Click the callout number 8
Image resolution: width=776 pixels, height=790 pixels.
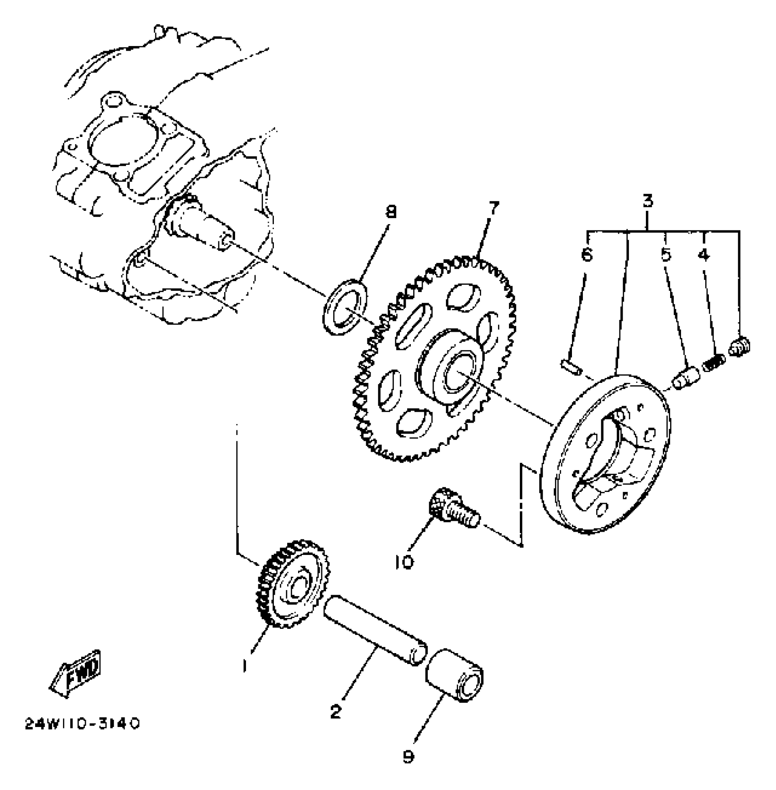click(391, 212)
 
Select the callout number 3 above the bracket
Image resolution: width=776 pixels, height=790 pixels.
click(648, 201)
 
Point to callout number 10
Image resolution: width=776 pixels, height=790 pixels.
click(405, 562)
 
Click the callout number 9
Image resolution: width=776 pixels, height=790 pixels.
click(409, 757)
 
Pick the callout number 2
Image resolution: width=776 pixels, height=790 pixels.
click(336, 711)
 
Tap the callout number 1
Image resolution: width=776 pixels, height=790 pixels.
click(245, 666)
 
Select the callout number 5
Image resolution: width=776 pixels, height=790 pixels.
click(666, 255)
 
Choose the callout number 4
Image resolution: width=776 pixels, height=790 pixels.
click(704, 255)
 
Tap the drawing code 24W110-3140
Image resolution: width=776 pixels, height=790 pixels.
click(82, 724)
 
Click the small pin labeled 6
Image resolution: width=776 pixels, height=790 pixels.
click(571, 367)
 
